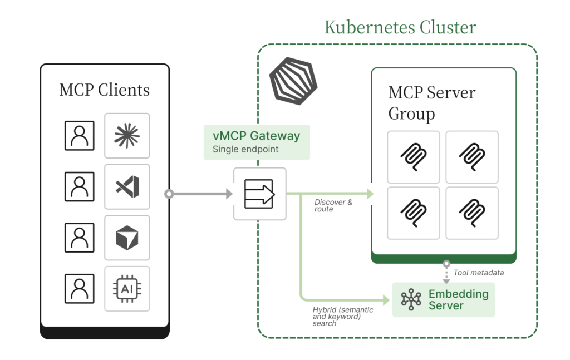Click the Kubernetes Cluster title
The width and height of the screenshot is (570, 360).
pyautogui.click(x=400, y=27)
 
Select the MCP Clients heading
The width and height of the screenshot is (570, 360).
pyautogui.click(x=104, y=90)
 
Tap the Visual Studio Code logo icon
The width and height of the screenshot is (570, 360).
pyautogui.click(x=127, y=186)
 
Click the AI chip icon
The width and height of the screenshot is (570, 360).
pyautogui.click(x=127, y=289)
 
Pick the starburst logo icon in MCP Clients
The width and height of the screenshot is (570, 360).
pyautogui.click(x=127, y=136)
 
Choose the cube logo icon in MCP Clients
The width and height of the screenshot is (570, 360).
pyautogui.click(x=127, y=238)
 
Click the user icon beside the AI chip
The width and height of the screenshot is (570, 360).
pyautogui.click(x=80, y=289)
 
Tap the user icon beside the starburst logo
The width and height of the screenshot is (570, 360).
pyautogui.click(x=80, y=136)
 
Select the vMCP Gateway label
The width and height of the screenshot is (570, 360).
pyautogui.click(x=256, y=136)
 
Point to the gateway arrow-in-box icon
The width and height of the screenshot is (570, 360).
pyautogui.click(x=259, y=194)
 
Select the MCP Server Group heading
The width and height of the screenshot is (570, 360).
pyautogui.click(x=431, y=103)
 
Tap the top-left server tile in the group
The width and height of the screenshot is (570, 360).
pyautogui.click(x=414, y=157)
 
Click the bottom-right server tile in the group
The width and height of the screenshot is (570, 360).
pyautogui.click(x=472, y=213)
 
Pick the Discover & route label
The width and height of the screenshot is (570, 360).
pyautogui.click(x=333, y=205)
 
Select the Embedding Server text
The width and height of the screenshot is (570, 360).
pyautogui.click(x=458, y=299)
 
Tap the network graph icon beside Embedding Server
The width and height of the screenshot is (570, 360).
pyautogui.click(x=411, y=299)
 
